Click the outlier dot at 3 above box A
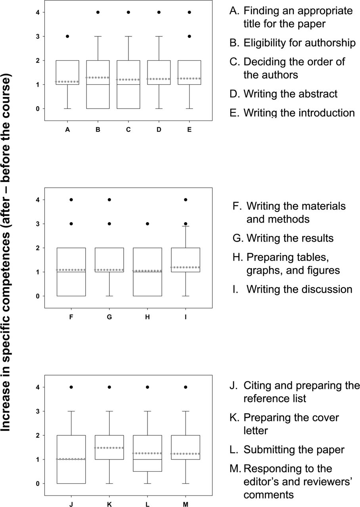pos(67,36)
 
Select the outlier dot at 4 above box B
pos(98,12)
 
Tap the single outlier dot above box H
pos(147,224)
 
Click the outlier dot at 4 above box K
pos(109,387)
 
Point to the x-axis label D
pos(159,130)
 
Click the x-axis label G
pos(109,317)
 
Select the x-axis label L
pos(147,504)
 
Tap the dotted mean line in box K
pos(109,448)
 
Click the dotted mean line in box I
pos(186,267)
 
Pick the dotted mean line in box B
pos(98,78)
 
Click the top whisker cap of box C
pos(128,36)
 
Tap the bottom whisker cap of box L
pos(147,484)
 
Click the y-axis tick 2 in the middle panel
pos(38,248)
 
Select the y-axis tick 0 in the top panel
pos(38,109)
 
